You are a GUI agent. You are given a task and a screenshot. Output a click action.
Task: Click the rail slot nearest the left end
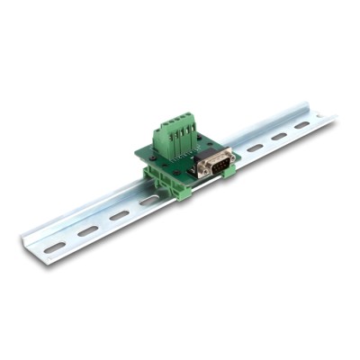coord(55,246)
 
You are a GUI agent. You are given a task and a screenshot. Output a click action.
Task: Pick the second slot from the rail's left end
coord(87,230)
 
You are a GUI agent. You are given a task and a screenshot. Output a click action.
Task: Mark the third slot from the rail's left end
coord(119,215)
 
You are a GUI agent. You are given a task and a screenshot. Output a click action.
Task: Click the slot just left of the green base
coord(148,202)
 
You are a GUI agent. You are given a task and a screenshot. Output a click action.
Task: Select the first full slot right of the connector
coord(256,148)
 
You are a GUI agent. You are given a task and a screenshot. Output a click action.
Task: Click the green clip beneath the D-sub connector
coord(229,170)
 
